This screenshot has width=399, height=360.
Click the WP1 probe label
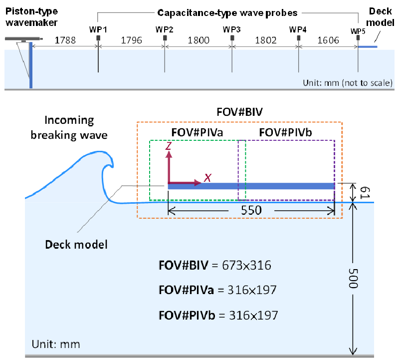[x=98, y=29]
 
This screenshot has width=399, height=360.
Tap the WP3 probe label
[x=231, y=29]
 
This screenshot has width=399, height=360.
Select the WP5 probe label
[x=358, y=31]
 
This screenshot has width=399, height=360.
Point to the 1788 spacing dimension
[x=65, y=40]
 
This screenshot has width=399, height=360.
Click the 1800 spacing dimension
[x=199, y=40]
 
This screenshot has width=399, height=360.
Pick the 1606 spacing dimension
[x=328, y=40]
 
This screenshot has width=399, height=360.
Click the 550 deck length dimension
[x=251, y=210]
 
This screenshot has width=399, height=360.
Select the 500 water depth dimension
[x=353, y=278]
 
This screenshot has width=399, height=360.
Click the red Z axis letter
[x=169, y=146]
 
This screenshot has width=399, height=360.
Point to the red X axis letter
[x=208, y=177]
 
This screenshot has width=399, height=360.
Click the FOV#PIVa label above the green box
[x=197, y=132]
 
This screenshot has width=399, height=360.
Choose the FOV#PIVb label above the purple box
[x=285, y=132]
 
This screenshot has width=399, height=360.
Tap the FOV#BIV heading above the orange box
[x=239, y=112]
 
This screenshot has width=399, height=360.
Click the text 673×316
[x=246, y=265]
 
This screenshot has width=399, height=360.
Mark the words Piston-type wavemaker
[x=31, y=17]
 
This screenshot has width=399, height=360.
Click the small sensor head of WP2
[x=165, y=38]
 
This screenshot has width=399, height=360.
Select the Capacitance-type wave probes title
[x=227, y=13]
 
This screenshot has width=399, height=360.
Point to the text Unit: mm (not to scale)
[x=348, y=83]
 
